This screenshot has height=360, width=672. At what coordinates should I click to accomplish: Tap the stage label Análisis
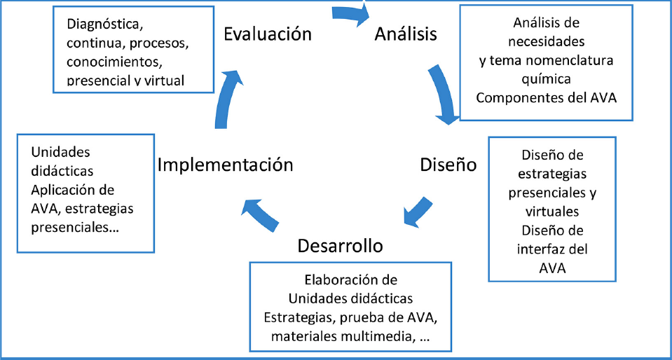[x=406, y=34]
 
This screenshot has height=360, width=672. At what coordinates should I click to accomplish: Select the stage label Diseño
[x=448, y=165]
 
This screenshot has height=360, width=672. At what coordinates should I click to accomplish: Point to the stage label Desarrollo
[x=341, y=246]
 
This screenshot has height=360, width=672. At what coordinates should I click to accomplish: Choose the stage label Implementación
[x=225, y=165]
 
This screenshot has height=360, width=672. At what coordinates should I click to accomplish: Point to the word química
[x=547, y=78]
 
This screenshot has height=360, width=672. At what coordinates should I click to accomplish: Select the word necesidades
[x=548, y=42]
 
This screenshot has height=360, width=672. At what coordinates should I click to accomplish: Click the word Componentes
[x=517, y=96]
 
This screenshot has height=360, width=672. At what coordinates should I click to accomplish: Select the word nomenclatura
[x=573, y=60]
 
